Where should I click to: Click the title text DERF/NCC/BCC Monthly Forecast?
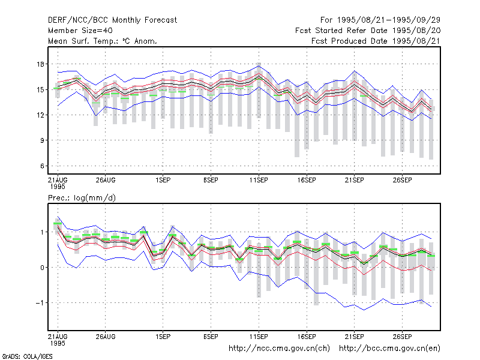112,20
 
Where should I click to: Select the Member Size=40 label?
80,31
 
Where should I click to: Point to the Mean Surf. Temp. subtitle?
103,41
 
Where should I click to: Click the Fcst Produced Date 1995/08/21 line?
376,41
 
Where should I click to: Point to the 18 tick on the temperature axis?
40,64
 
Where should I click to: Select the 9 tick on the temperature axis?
42,140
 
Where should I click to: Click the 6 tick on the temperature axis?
42,166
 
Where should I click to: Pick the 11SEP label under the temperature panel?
259,180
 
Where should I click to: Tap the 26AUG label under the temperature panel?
106,180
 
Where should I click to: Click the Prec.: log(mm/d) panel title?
82,198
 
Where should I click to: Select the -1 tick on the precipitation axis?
40,303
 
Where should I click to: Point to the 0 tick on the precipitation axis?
42,268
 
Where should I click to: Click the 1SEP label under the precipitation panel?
163,337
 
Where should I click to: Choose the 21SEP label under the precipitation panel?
355,337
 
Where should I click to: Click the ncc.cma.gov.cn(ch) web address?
279,349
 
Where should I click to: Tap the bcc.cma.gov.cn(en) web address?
389,349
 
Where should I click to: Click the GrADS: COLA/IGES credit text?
27,356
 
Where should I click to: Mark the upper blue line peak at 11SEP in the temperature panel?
259,66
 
